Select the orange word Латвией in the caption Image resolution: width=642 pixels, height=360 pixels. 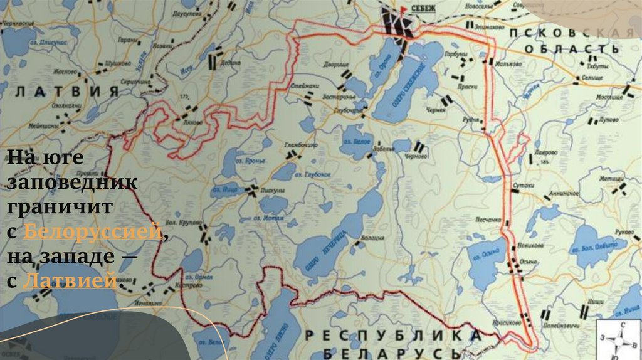(69, 281)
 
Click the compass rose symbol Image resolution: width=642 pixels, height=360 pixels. (619, 340)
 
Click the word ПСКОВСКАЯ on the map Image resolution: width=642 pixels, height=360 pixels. (571, 33)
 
